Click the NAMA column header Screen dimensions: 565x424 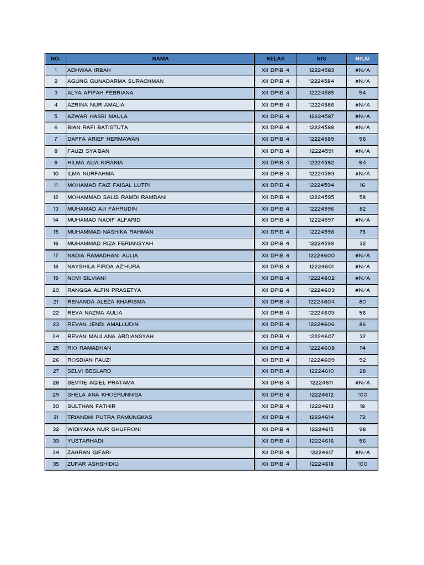(x=160, y=58)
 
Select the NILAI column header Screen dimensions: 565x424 (x=362, y=58)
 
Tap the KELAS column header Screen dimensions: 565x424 (x=275, y=58)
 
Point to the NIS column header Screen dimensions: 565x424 (x=321, y=58)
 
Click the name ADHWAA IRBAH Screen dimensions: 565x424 (x=89, y=70)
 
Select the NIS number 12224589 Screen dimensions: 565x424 (x=321, y=139)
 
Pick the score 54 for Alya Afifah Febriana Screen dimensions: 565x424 (x=362, y=93)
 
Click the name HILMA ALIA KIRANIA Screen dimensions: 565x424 (x=95, y=163)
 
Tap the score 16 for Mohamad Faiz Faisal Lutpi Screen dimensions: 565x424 (x=362, y=185)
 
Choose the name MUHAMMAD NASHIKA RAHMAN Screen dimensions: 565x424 (x=110, y=232)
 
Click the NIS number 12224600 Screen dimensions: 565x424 (x=321, y=255)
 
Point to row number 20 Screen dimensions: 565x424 (x=56, y=290)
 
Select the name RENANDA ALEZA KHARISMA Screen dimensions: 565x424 (x=106, y=302)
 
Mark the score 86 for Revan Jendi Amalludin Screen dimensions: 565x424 (x=362, y=324)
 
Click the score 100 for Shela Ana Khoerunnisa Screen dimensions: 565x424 (x=362, y=395)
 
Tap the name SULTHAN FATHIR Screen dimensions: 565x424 (x=91, y=406)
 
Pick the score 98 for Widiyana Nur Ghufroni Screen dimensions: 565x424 (x=362, y=429)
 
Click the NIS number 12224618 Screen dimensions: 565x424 (x=321, y=464)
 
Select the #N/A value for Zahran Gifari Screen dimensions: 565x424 (x=362, y=452)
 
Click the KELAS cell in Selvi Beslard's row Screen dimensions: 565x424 (x=275, y=371)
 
